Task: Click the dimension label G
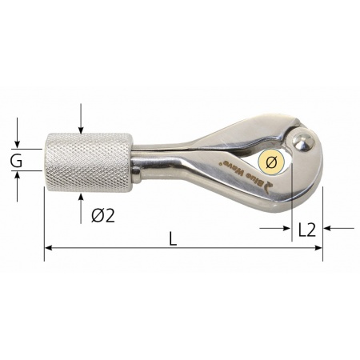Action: pos(16,160)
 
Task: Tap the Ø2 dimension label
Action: pos(103,215)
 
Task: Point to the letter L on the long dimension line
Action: pos(173,238)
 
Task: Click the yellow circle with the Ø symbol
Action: pos(271,162)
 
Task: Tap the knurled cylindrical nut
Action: pos(90,162)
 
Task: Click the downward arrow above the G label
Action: pos(17,133)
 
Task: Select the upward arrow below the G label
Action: pos(17,186)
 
